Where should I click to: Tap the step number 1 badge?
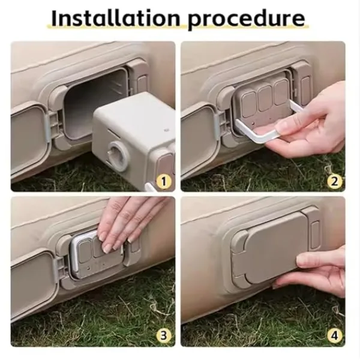163,182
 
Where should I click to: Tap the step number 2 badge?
334,182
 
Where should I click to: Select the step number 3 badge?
163,335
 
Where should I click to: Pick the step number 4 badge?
334,335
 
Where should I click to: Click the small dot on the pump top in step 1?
166,130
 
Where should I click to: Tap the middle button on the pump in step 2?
265,98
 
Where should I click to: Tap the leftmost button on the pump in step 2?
249,104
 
